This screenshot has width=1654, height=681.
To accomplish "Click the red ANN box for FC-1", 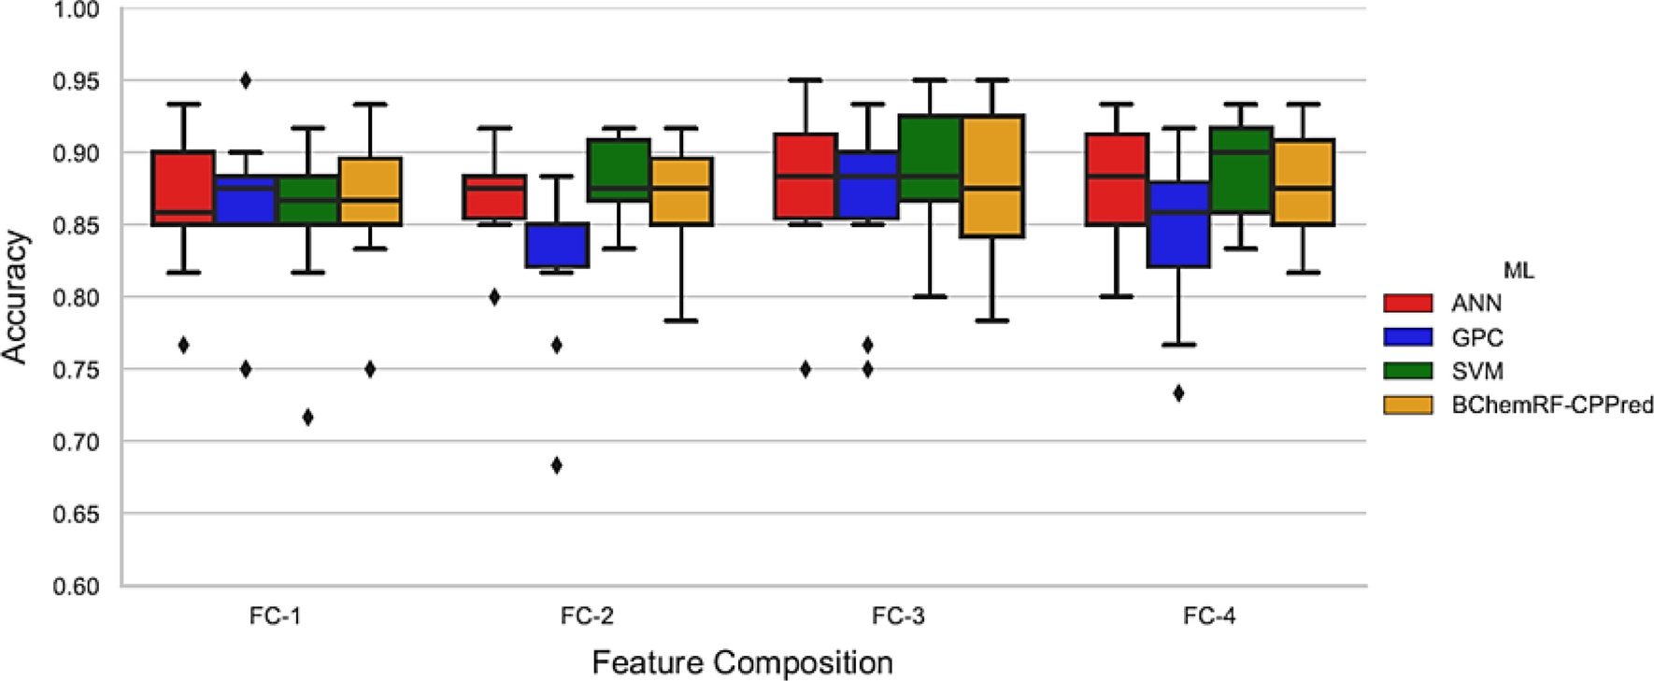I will click(183, 187).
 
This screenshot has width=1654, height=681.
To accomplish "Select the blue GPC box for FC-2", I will click(557, 245).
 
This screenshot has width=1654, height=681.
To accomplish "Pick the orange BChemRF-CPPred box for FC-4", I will click(1303, 182).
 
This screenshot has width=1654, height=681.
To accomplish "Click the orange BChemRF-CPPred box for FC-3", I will click(991, 176).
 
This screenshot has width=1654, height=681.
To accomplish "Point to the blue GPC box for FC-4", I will click(1178, 224).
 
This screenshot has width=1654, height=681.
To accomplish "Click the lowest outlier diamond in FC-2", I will click(557, 465).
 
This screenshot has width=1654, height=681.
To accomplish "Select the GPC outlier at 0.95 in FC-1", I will click(246, 80).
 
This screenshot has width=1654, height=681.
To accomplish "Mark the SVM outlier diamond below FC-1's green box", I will click(307, 417).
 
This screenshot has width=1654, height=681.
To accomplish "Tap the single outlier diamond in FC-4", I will click(1178, 393).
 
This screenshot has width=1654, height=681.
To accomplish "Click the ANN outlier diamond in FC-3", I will click(806, 369).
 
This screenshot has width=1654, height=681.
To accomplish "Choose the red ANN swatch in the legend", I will click(1407, 303).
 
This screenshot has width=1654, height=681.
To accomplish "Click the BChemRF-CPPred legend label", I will click(1552, 405).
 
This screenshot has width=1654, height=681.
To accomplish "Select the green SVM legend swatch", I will click(1407, 371).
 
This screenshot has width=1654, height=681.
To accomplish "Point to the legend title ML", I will click(1518, 271).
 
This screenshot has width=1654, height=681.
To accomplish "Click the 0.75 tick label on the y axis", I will click(78, 370).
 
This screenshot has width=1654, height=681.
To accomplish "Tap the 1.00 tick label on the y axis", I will click(78, 10).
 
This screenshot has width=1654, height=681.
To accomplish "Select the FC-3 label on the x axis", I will click(898, 617).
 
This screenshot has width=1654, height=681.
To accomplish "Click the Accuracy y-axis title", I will click(16, 297).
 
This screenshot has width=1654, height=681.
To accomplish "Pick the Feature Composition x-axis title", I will click(742, 662).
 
